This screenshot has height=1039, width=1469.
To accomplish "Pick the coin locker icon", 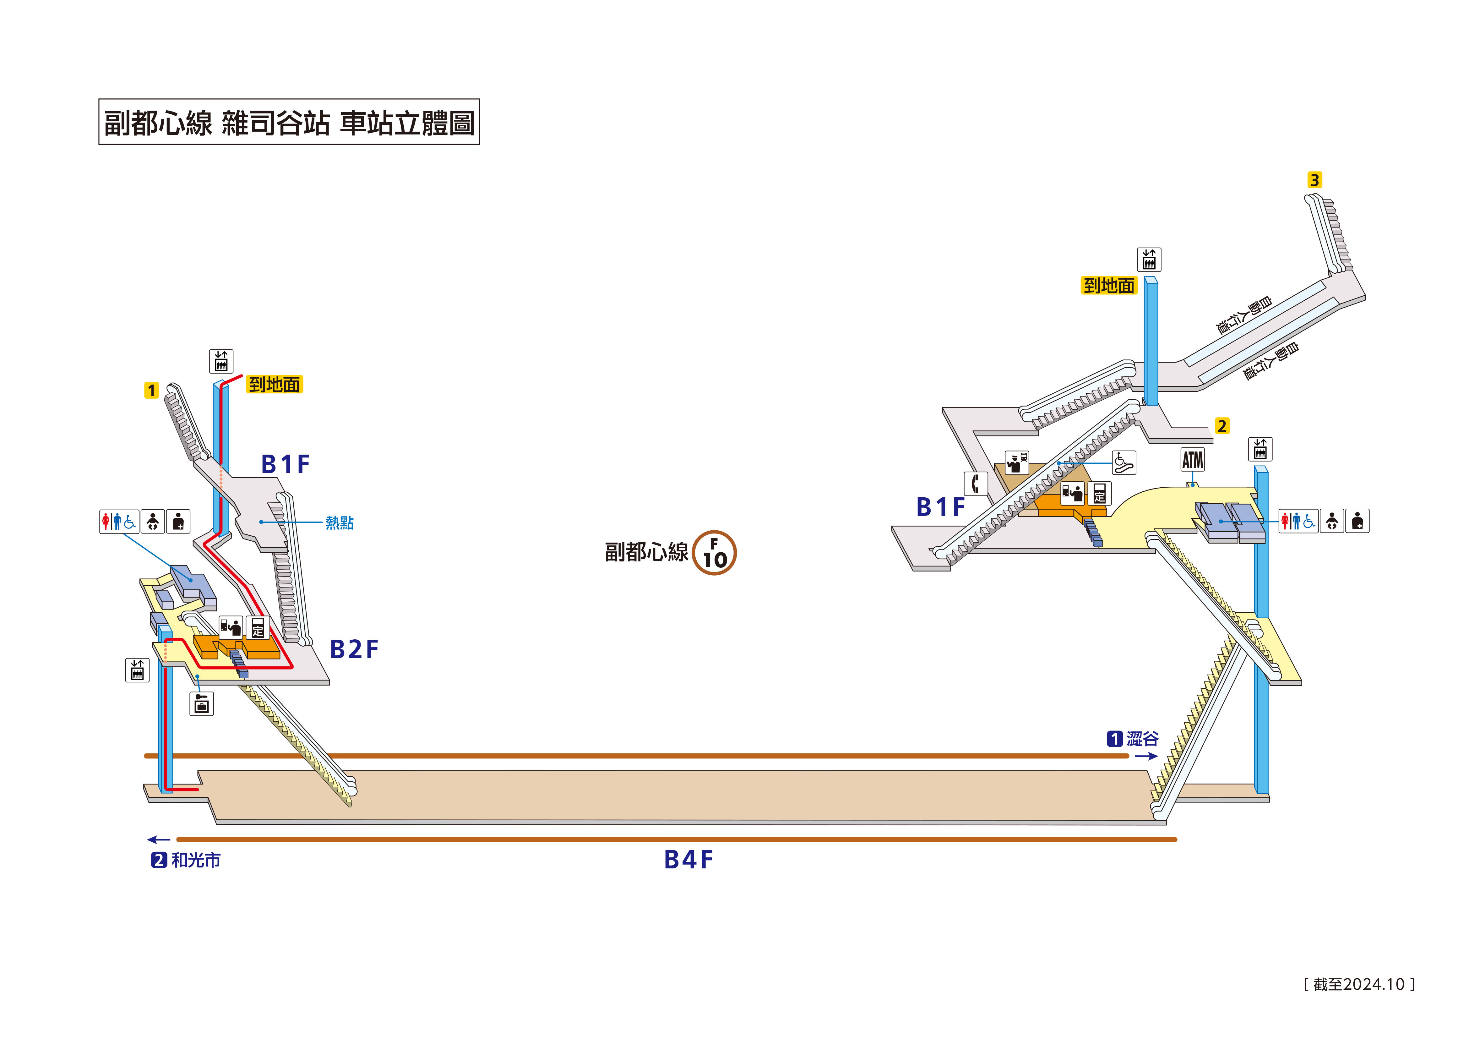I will (202, 704).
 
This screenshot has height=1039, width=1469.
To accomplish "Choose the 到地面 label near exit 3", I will (1109, 286).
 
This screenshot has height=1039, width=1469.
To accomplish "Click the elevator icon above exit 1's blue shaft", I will (221, 361).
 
